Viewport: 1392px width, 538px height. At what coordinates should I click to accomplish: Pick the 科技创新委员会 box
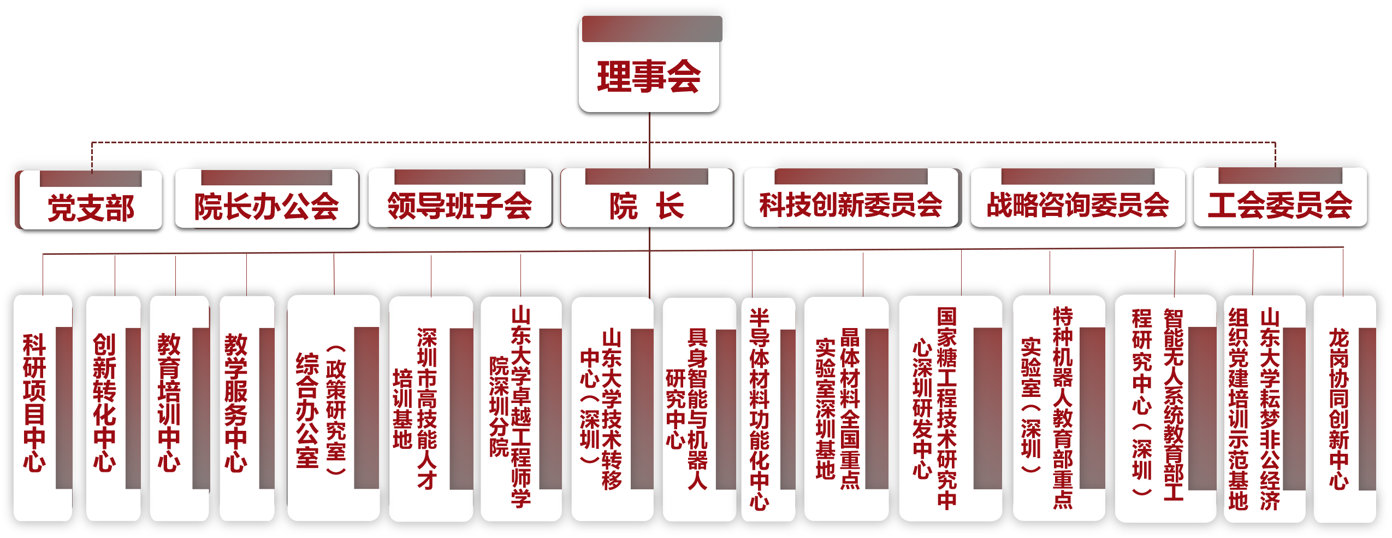click(x=851, y=204)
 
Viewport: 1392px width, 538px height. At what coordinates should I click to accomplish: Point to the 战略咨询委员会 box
click(x=1077, y=204)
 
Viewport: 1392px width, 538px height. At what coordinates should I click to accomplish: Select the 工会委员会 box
click(x=1280, y=204)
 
